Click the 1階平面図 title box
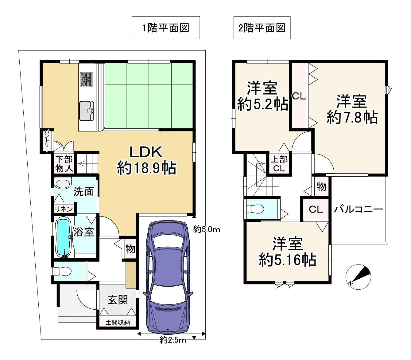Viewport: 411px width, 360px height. pyautogui.click(x=165, y=28)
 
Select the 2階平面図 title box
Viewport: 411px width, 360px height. pyautogui.click(x=262, y=28)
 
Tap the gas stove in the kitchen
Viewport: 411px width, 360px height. pyautogui.click(x=87, y=79)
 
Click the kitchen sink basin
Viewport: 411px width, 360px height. pyautogui.click(x=87, y=111)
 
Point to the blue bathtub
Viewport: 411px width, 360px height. pyautogui.click(x=63, y=237)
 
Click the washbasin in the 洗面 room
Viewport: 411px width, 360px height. pyautogui.click(x=63, y=183)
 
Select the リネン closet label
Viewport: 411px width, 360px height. pyautogui.click(x=64, y=209)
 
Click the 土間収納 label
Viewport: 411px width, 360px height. pyautogui.click(x=118, y=323)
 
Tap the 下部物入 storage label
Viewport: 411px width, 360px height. pyautogui.click(x=64, y=164)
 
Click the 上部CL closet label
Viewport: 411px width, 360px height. pyautogui.click(x=279, y=164)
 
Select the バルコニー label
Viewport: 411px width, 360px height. pyautogui.click(x=358, y=209)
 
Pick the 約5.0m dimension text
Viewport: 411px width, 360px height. pyautogui.click(x=207, y=229)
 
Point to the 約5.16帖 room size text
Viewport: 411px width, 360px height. pyautogui.click(x=288, y=260)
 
